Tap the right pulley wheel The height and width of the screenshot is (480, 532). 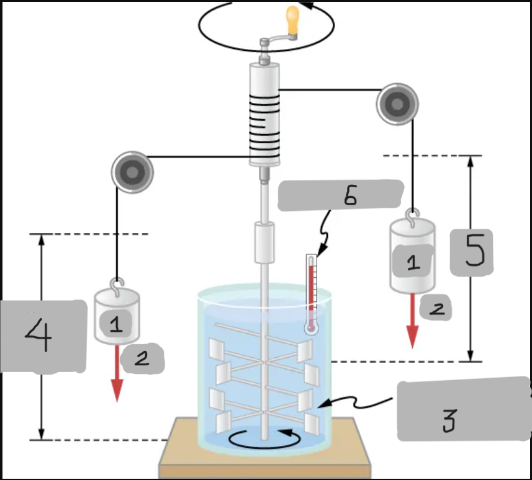pyautogui.click(x=397, y=103)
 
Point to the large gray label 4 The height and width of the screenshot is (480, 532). pyautogui.click(x=42, y=337)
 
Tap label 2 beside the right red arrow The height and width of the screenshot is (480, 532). pyautogui.click(x=436, y=308)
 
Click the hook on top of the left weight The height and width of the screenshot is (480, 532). pyautogui.click(x=116, y=285)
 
